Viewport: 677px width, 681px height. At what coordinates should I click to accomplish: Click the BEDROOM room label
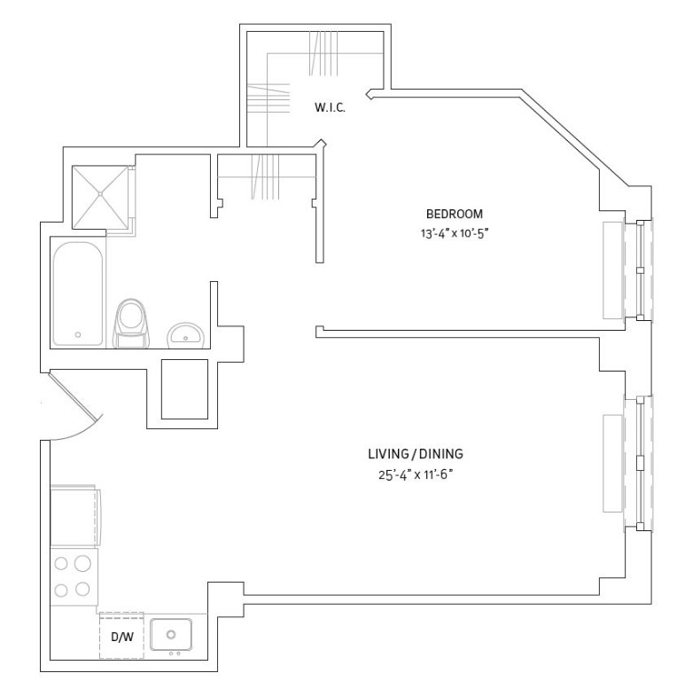click(455, 214)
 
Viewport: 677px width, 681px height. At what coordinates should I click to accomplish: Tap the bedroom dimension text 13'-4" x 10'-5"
click(455, 234)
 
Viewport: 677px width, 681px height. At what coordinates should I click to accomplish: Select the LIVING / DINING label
click(416, 454)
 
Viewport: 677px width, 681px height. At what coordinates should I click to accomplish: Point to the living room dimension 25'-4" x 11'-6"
click(416, 474)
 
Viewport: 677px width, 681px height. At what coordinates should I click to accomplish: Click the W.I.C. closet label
click(330, 107)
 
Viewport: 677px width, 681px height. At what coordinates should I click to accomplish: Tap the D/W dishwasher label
click(122, 637)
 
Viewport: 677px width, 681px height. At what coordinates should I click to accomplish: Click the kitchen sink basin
click(171, 635)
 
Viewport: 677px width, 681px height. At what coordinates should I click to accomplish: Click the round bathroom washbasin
click(186, 335)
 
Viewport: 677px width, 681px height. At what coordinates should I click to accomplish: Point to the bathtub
click(78, 294)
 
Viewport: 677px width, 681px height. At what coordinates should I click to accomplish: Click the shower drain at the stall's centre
click(100, 193)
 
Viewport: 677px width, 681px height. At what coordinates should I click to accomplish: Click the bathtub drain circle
click(78, 335)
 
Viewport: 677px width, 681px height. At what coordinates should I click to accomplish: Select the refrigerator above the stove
click(74, 515)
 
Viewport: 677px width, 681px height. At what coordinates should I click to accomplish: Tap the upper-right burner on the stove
click(82, 563)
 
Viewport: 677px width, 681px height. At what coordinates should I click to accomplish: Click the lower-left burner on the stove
click(61, 591)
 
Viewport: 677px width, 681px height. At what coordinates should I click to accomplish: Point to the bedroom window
click(639, 270)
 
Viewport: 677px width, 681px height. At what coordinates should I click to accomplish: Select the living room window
click(639, 463)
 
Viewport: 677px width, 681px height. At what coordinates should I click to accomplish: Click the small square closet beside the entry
click(185, 389)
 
